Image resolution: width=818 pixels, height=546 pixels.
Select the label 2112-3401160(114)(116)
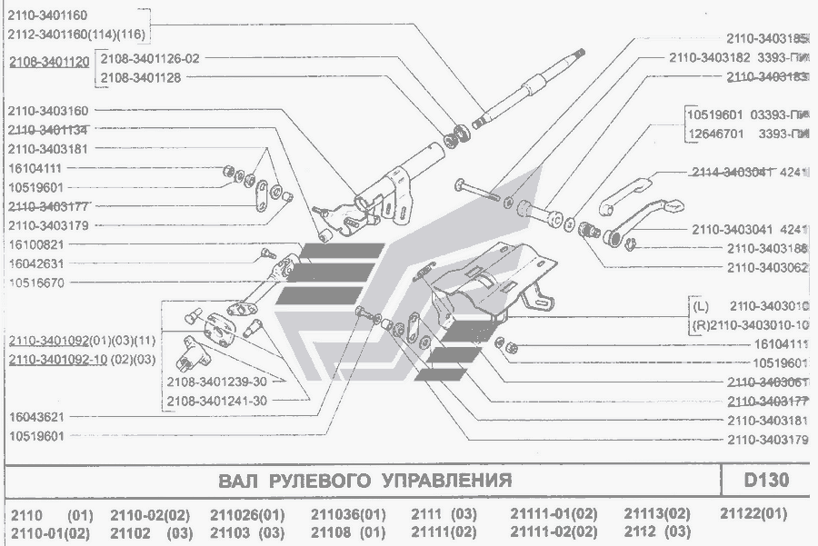76,35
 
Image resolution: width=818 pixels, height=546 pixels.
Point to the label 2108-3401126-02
150,57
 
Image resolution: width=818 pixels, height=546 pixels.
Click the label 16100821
35,244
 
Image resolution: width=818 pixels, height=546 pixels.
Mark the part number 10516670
35,283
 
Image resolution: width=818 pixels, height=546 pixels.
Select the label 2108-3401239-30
217,382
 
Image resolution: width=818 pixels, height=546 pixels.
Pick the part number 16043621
35,416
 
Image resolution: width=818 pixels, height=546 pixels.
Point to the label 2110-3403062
767,267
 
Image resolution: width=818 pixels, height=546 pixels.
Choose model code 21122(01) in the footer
753,514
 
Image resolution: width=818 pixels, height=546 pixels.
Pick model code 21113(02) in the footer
657,514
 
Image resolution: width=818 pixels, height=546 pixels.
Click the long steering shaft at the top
527,91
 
